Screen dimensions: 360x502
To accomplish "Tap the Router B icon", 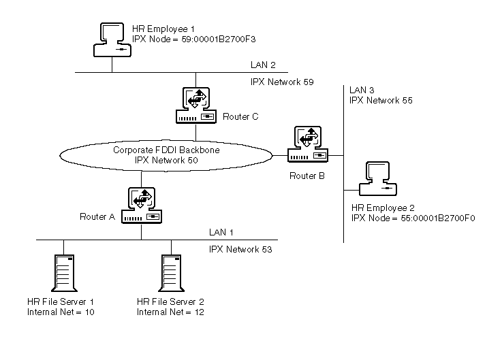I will pyautogui.click(x=307, y=145).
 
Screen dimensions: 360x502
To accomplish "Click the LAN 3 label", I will pyautogui.click(x=362, y=89).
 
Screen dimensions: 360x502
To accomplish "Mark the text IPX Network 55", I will pyautogui.click(x=381, y=100).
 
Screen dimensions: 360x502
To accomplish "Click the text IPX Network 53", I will pyautogui.click(x=240, y=250).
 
